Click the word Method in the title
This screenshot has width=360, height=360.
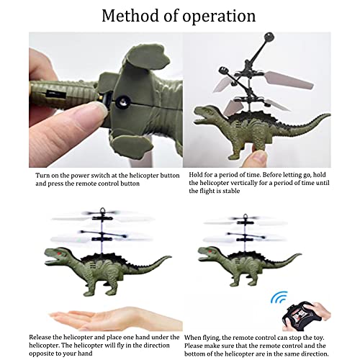point(130,16)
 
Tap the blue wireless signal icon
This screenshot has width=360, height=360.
point(279,297)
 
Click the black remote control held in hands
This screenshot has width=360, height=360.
point(302,315)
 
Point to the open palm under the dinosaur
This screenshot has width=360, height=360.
point(115,318)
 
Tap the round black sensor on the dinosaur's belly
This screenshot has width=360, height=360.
point(123,102)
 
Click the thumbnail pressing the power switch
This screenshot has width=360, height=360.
point(99,109)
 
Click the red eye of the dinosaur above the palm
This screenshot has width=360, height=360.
point(59,253)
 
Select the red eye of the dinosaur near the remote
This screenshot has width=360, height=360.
point(210,252)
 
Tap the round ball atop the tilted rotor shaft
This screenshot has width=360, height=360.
point(269,37)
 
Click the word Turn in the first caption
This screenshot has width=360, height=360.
point(42,176)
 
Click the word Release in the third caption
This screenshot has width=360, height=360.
point(40,337)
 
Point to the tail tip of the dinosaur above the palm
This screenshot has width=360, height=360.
point(170,257)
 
